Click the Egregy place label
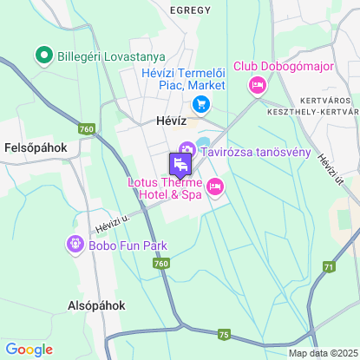(x=190, y=10)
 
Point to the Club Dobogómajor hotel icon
(x=257, y=85)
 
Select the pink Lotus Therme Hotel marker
(x=215, y=187)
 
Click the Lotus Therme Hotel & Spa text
(x=165, y=188)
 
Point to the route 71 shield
(x=329, y=266)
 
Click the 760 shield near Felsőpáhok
(x=85, y=129)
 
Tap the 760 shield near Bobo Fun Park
(x=162, y=263)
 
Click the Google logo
(x=29, y=349)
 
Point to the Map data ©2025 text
(x=323, y=353)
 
